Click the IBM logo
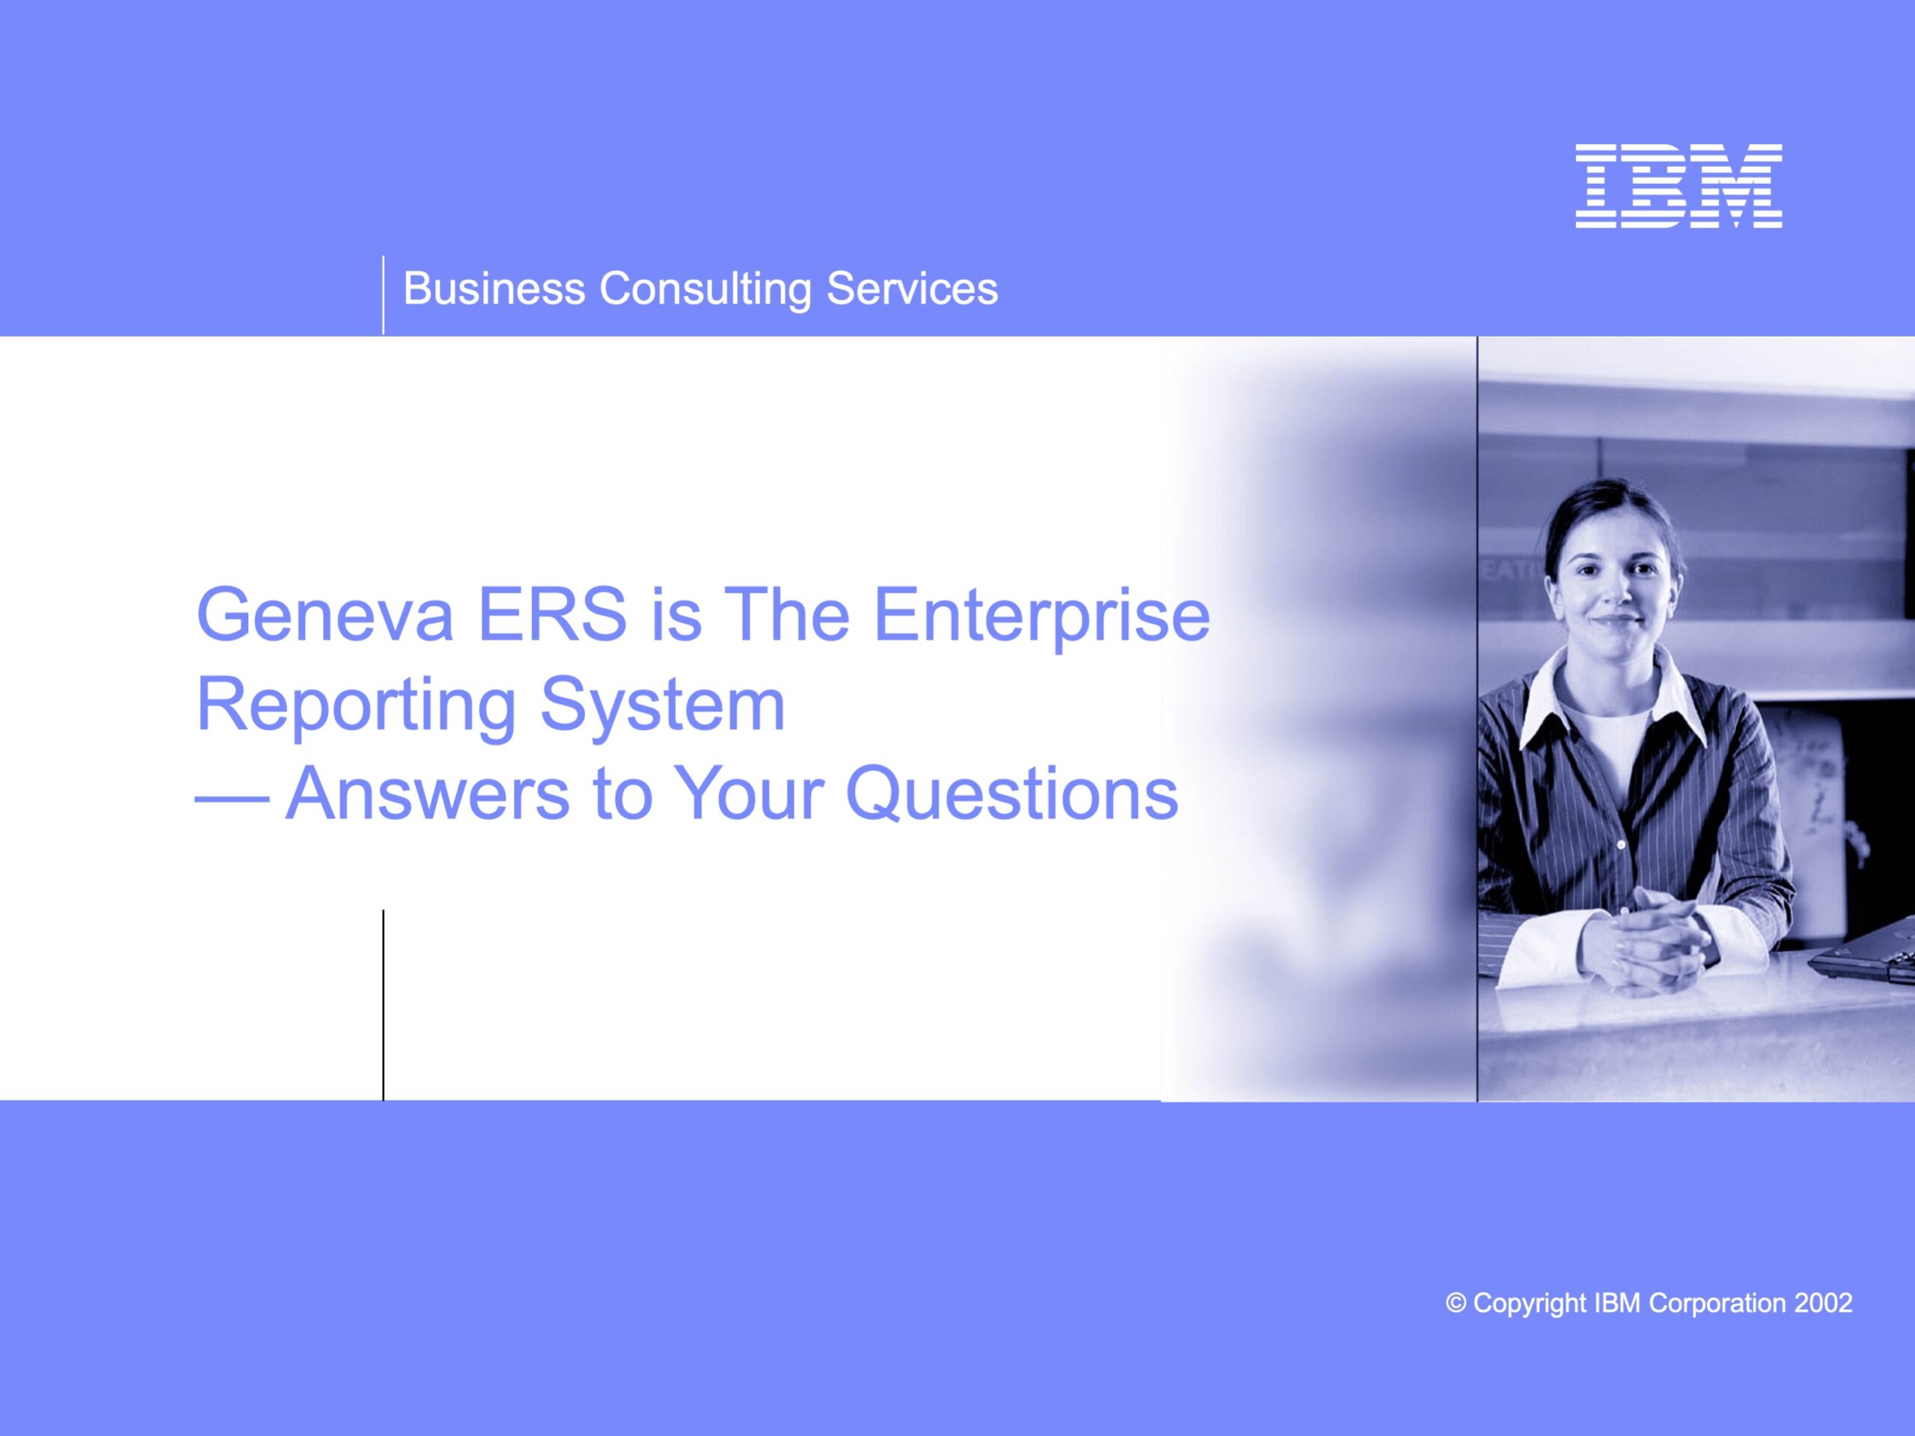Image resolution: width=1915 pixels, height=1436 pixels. pos(1679,186)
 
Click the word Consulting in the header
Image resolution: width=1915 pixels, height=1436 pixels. pos(705,290)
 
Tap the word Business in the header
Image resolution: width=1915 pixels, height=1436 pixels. pos(494,289)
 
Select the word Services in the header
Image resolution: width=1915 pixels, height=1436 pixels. pos(912,289)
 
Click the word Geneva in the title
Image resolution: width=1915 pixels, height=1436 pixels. pos(325,616)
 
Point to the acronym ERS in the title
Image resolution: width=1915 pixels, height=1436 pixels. pos(552,615)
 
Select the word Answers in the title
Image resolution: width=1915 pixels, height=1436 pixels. pos(428,794)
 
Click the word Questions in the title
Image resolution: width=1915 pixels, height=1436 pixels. pos(1012,794)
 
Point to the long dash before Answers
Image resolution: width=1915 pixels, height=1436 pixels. pos(232,802)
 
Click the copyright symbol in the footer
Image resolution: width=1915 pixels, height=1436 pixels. pos(1456,1304)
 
